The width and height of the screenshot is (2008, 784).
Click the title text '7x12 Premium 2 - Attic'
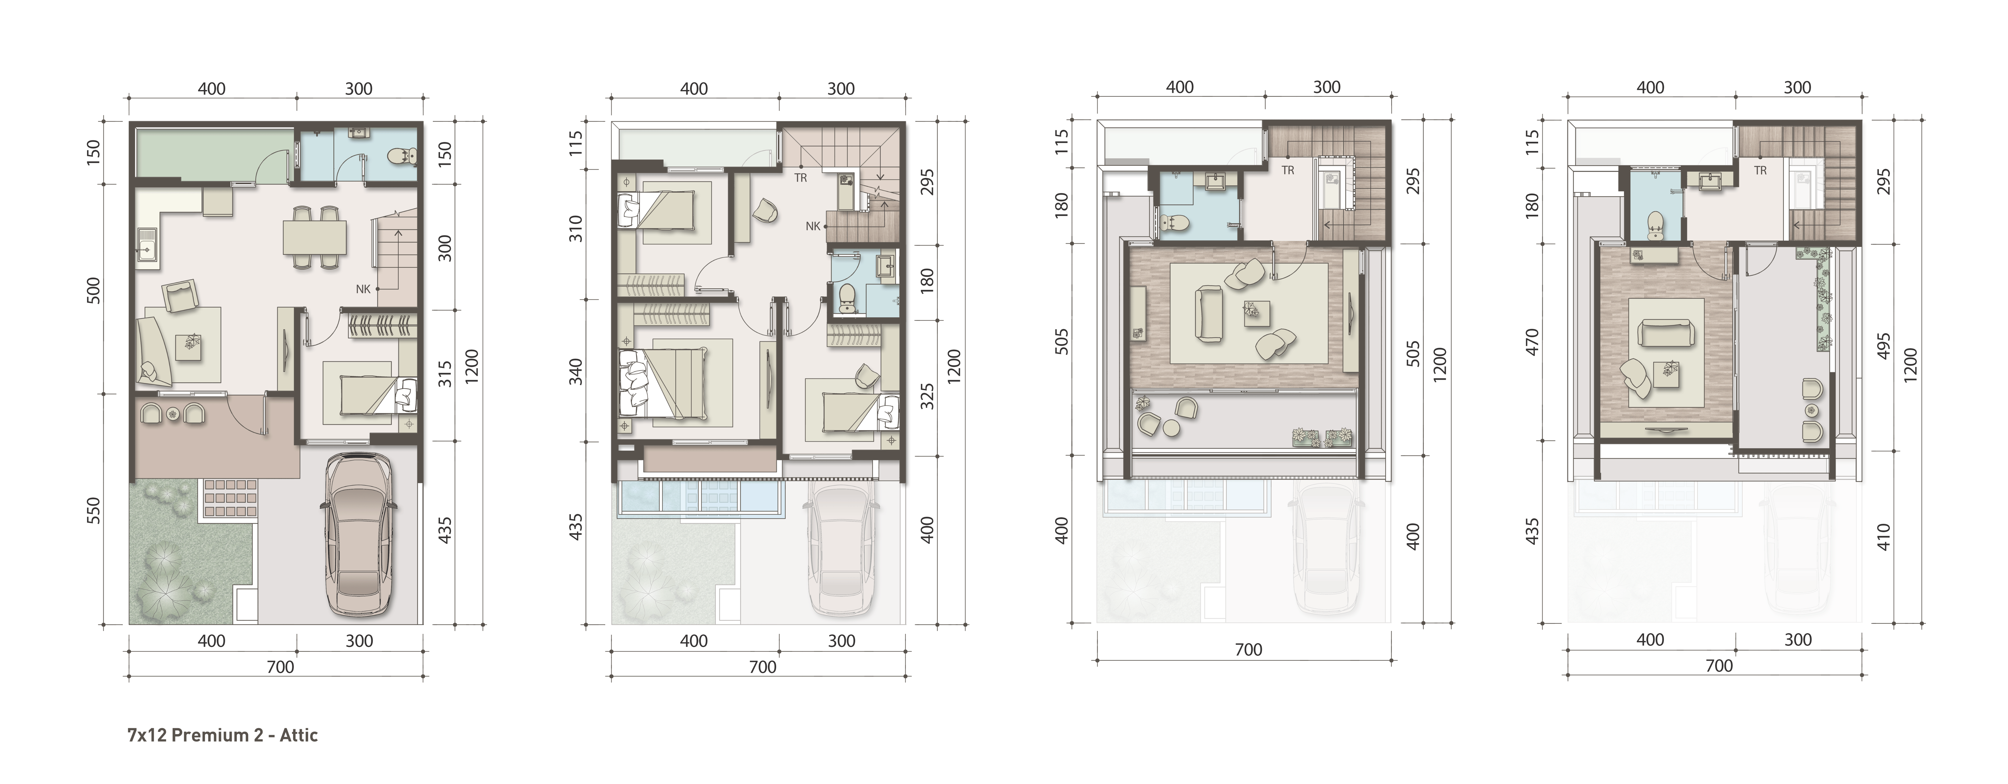223,735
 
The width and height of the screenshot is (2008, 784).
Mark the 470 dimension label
1532,343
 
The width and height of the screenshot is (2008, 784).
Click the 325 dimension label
927,396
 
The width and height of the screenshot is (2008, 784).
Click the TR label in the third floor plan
1288,170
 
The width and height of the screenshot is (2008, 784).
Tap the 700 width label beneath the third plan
1248,649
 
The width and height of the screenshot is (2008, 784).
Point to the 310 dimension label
575,228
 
